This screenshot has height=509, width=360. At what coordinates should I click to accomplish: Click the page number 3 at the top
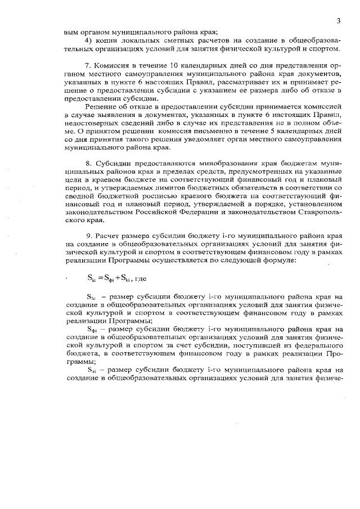click(339, 21)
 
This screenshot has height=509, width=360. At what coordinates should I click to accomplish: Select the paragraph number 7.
click(87, 65)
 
